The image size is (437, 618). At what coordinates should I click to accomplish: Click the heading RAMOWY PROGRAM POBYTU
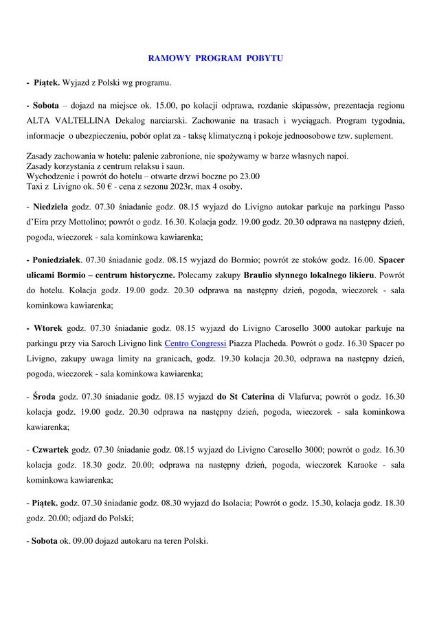[215, 58]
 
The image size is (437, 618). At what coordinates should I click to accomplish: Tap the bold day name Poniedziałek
[56, 261]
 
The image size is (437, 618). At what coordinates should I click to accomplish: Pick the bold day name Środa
[45, 396]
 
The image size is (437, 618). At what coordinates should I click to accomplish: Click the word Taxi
[35, 186]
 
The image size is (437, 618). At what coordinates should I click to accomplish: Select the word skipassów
[297, 106]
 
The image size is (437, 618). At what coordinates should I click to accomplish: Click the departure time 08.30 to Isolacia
[172, 503]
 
